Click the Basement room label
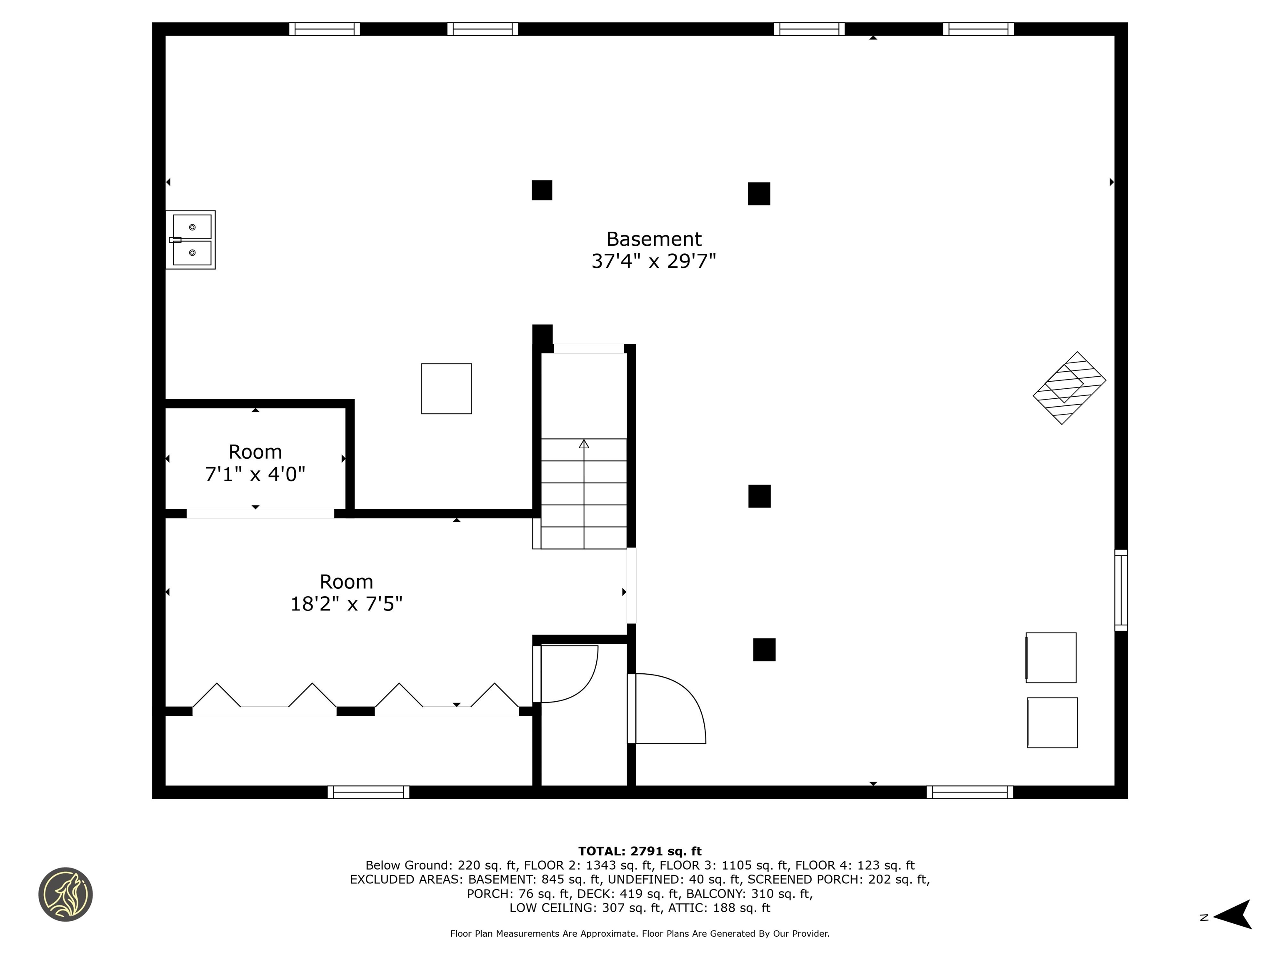(653, 239)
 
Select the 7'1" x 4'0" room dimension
(255, 475)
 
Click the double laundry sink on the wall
(191, 240)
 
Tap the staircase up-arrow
(584, 444)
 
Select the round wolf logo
(65, 894)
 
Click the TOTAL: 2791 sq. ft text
(640, 851)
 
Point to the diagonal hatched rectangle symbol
(1069, 388)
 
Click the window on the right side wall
(1121, 590)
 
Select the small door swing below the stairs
(567, 674)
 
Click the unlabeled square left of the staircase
(446, 389)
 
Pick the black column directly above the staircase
(542, 335)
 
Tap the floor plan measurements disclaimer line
(640, 933)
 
